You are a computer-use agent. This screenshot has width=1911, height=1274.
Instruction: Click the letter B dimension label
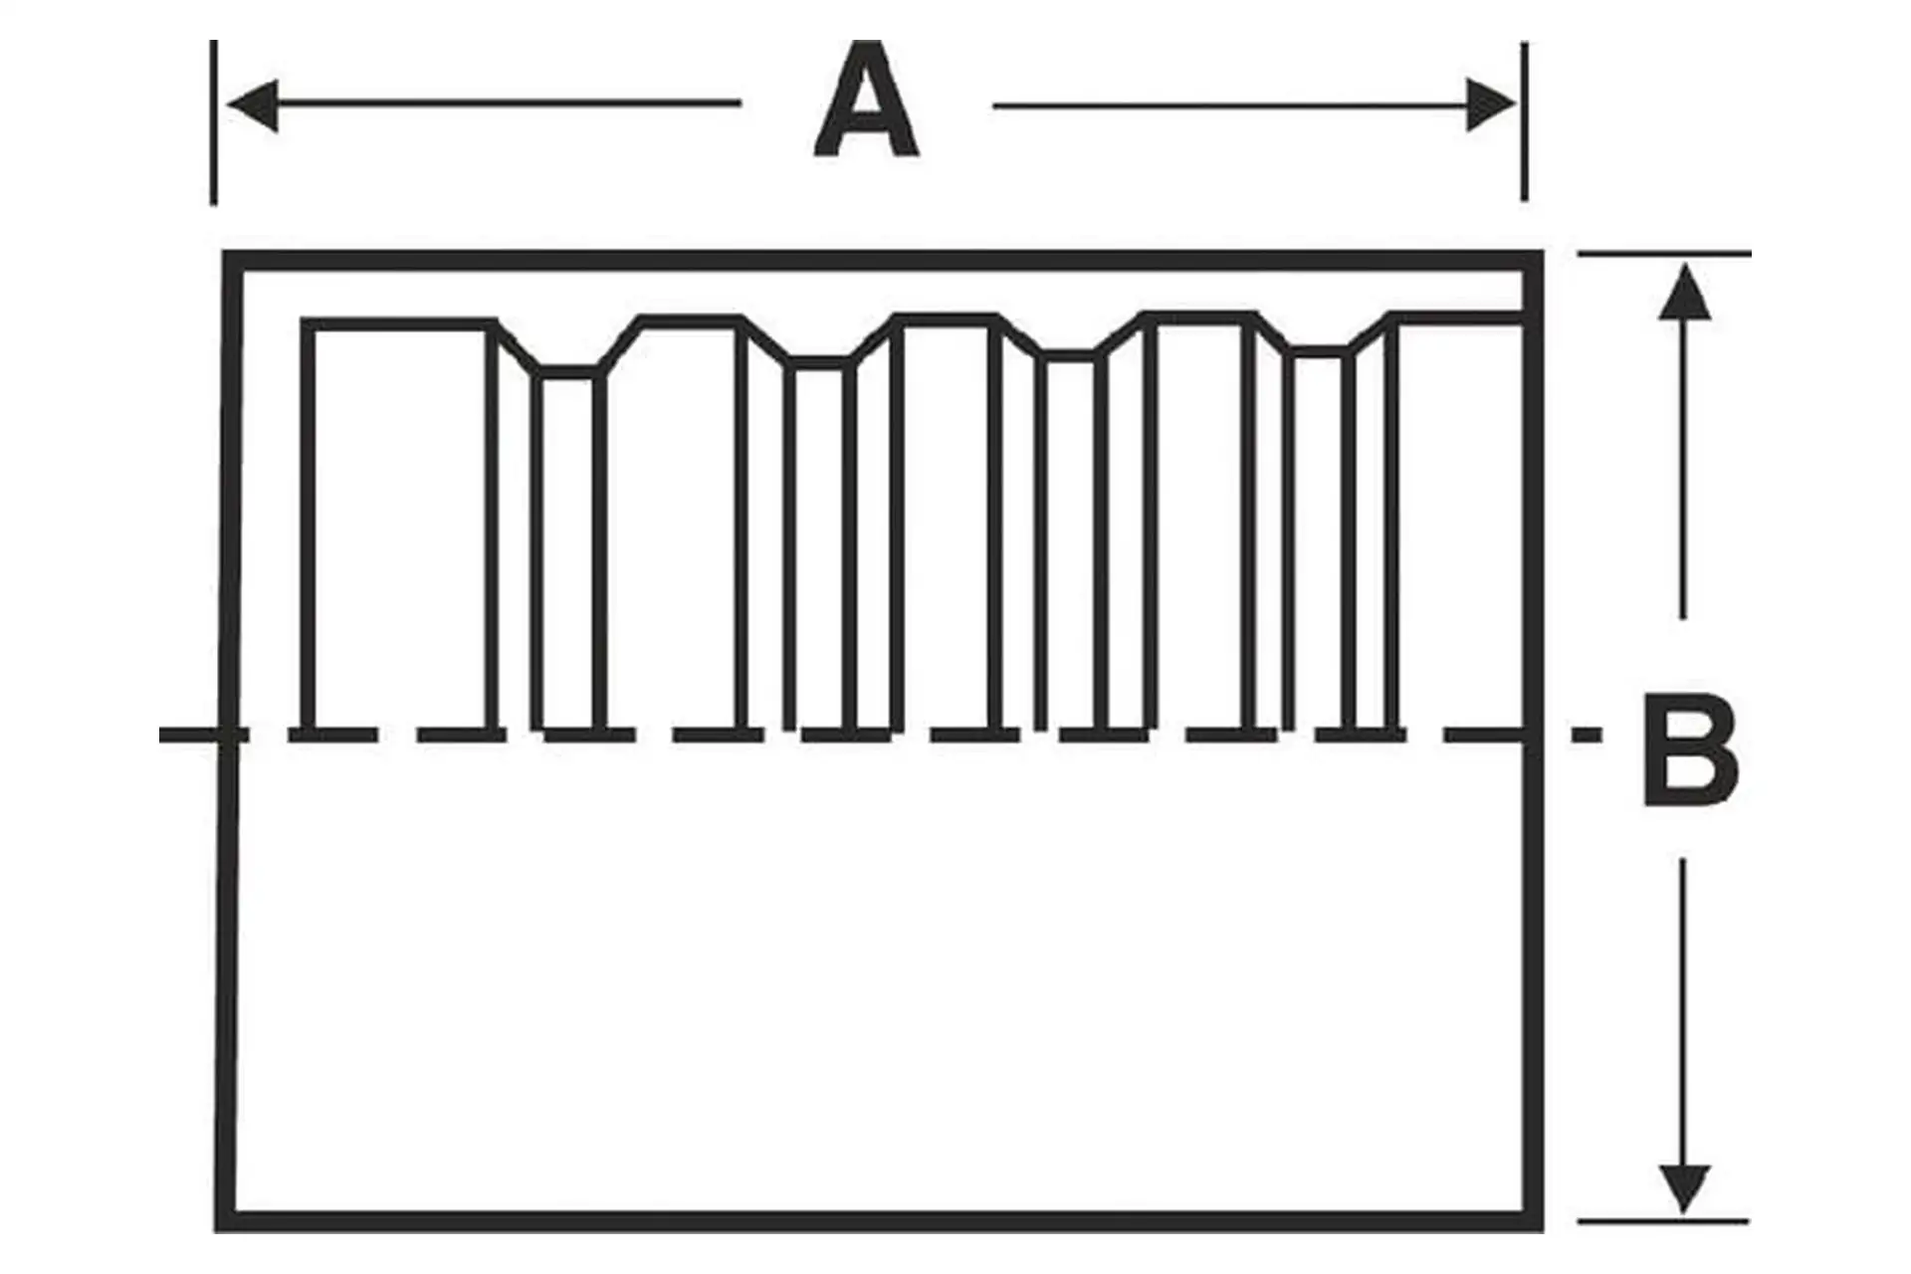click(x=1690, y=751)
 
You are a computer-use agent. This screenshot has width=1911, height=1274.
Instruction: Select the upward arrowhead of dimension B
click(x=1684, y=292)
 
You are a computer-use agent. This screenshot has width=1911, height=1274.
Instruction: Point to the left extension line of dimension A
click(x=214, y=121)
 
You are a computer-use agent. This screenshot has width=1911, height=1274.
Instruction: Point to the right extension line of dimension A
click(x=1524, y=121)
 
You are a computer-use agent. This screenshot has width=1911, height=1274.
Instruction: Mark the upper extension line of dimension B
click(x=1664, y=255)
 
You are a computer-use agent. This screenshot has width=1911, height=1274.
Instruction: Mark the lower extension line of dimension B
click(x=1664, y=1220)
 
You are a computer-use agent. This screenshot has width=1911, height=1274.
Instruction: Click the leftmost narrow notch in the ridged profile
click(x=568, y=547)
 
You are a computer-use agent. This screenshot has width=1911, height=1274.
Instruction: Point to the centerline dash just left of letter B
click(x=1587, y=736)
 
